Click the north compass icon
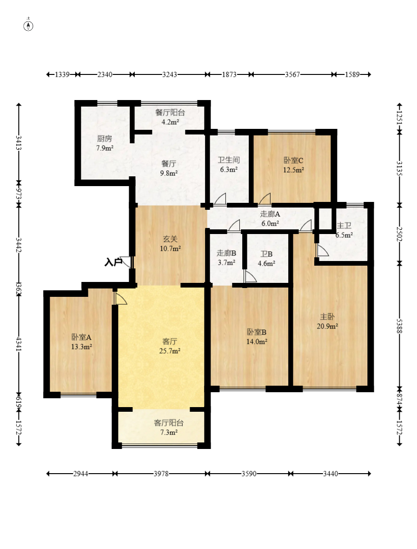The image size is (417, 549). tap(28, 25)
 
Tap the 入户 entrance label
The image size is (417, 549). tap(113, 262)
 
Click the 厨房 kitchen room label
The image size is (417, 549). tap(105, 139)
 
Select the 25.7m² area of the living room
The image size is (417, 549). tap(170, 351)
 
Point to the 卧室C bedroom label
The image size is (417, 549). tap(293, 161)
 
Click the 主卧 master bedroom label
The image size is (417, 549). tap(327, 316)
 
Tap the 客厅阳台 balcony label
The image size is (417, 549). tap(169, 423)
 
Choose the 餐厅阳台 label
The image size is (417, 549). tap(170, 113)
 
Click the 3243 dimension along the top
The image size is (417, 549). tap(170, 74)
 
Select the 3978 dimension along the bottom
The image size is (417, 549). tap(161, 474)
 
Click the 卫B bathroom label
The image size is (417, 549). tap(266, 254)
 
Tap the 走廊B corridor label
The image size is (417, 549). tap(226, 253)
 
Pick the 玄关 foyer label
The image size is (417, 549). tap(170, 239)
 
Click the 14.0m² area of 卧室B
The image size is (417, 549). tap(257, 341)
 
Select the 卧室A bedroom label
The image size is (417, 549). tap(81, 337)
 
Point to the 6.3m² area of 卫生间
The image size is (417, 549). tap(229, 169)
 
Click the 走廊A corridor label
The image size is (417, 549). tap(270, 214)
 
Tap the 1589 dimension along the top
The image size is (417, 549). tap(352, 74)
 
